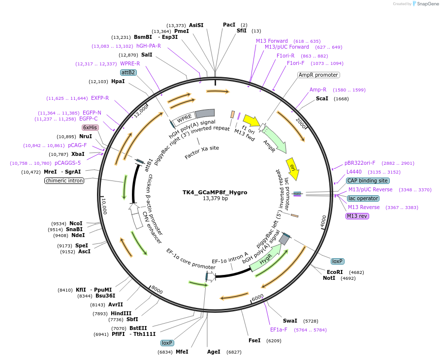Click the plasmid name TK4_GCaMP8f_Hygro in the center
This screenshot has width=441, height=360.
[x=215, y=192]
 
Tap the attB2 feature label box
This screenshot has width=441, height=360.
[x=128, y=72]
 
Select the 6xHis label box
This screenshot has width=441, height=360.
[x=90, y=127]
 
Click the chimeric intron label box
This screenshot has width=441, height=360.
[x=64, y=180]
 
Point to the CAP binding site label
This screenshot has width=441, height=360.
[x=367, y=180]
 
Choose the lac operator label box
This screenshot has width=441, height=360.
[x=363, y=198]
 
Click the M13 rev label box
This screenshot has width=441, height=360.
[x=357, y=216]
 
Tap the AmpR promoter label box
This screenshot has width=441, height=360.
[x=318, y=75]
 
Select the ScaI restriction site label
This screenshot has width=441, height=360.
[x=322, y=99]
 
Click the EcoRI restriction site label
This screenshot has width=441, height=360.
[x=335, y=272]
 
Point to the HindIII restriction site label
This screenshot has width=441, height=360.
[x=121, y=313]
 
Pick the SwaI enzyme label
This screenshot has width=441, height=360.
[x=290, y=321]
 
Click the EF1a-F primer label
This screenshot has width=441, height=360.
[x=279, y=330]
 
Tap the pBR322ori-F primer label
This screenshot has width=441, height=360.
[x=360, y=163]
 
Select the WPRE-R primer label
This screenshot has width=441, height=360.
[x=130, y=63]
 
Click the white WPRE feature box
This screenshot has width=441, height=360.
[x=184, y=118]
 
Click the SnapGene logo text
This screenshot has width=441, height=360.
[x=428, y=3]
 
